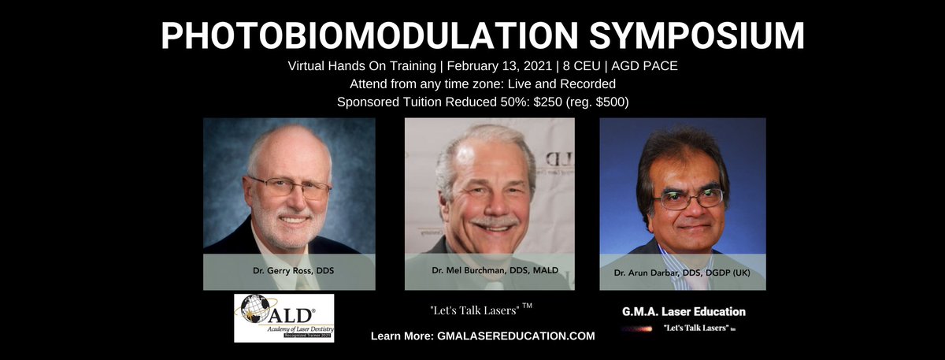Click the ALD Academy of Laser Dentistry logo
[x=283, y=318]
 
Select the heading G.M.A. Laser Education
[x=682, y=312]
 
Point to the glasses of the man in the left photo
[x=289, y=187]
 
